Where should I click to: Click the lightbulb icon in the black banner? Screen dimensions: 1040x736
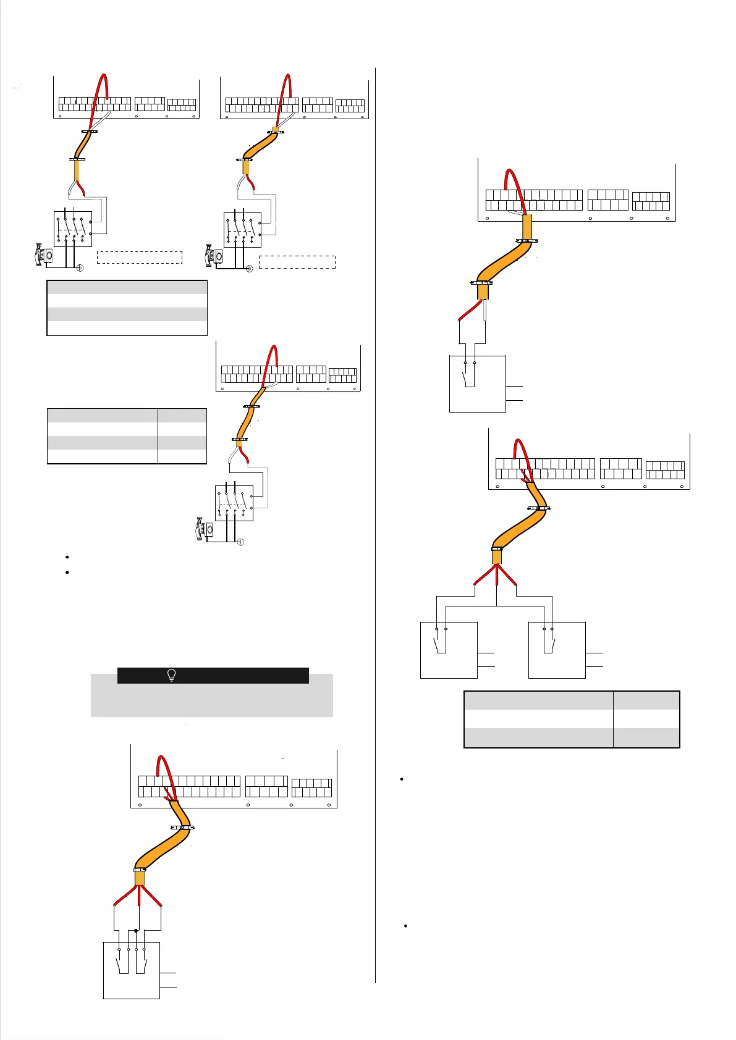pos(172,675)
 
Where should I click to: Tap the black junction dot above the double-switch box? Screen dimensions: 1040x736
pos(136,930)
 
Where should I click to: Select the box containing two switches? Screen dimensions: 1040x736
pos(131,970)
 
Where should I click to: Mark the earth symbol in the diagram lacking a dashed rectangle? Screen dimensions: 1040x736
pos(240,542)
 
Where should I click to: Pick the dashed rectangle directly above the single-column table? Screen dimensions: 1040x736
pos(140,258)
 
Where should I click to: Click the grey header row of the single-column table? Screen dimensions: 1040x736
pos(127,287)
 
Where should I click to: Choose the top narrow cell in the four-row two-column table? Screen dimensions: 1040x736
pos(182,415)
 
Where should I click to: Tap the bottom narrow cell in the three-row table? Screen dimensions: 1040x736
pos(646,738)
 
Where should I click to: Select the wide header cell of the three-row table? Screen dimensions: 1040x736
pos(538,700)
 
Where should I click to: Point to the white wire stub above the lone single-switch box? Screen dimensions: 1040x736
pos(486,311)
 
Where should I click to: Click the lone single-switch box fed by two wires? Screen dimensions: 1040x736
pos(477,383)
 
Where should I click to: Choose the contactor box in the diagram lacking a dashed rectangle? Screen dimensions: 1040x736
pos(234,503)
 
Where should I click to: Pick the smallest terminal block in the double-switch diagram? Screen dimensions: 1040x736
pos(311,787)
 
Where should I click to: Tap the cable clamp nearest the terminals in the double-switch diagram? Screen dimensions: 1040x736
pos(182,828)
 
